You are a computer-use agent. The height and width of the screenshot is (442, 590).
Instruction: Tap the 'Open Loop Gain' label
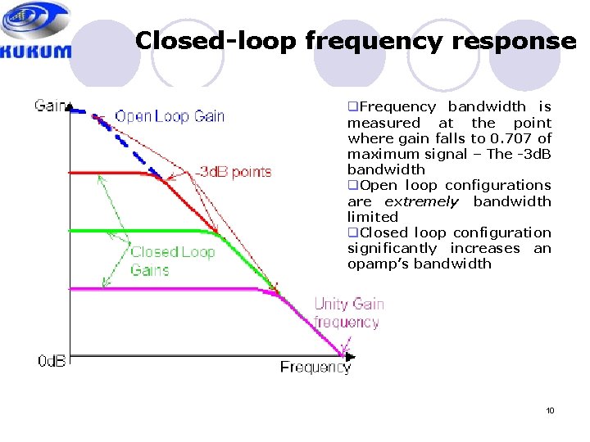170,115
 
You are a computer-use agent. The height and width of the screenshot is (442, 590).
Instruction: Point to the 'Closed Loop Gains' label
173,260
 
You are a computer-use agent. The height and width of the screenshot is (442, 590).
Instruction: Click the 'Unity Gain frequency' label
349,313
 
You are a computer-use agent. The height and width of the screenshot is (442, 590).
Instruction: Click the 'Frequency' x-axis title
315,367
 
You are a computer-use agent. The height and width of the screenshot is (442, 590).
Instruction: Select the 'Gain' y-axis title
48,106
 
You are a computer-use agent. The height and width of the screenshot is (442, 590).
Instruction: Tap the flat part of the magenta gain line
164,289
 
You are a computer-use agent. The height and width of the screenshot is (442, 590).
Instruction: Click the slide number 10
550,410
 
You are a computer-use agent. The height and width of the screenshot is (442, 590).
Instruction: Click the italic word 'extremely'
422,201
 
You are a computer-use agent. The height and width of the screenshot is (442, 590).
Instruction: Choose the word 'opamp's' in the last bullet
377,264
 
